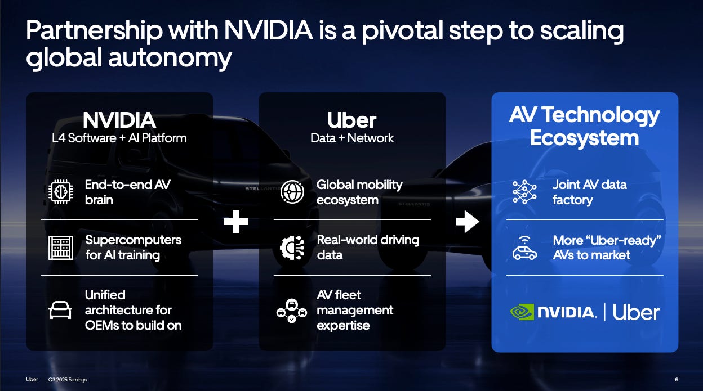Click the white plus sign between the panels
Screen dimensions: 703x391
(x=236, y=222)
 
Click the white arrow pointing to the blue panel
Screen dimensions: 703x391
(x=468, y=222)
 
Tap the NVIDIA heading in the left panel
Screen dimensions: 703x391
(x=119, y=120)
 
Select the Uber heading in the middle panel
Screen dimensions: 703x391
(x=352, y=120)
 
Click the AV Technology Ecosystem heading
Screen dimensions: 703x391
(x=584, y=127)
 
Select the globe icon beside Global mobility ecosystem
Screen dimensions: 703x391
(x=292, y=192)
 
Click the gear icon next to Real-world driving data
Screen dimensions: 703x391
(x=292, y=248)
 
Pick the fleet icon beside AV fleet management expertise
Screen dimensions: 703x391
(x=292, y=311)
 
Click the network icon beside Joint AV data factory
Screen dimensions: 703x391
(x=524, y=192)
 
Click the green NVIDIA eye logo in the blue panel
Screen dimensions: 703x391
(x=522, y=312)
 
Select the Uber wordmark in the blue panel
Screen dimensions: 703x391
(x=636, y=312)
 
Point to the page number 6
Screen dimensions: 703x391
(x=676, y=379)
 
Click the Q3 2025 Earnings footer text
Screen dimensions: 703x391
(x=68, y=380)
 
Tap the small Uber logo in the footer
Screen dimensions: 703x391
(x=32, y=379)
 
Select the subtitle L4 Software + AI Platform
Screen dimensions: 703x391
(x=119, y=138)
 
